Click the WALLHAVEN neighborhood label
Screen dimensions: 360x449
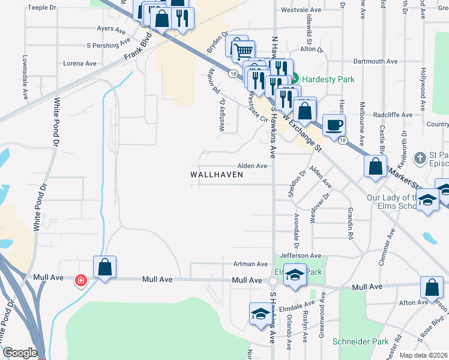[x=217, y=175]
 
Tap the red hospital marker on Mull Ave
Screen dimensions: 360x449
[x=80, y=280]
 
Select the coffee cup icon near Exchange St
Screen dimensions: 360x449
[x=334, y=125]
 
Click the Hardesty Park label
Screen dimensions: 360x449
[x=328, y=79]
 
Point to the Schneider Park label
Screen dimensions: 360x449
[x=369, y=341]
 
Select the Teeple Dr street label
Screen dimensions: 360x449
[x=41, y=8]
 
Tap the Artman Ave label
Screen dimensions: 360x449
[x=253, y=264]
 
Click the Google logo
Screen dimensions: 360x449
[x=20, y=353]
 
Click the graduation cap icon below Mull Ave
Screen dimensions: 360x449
[x=260, y=314]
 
